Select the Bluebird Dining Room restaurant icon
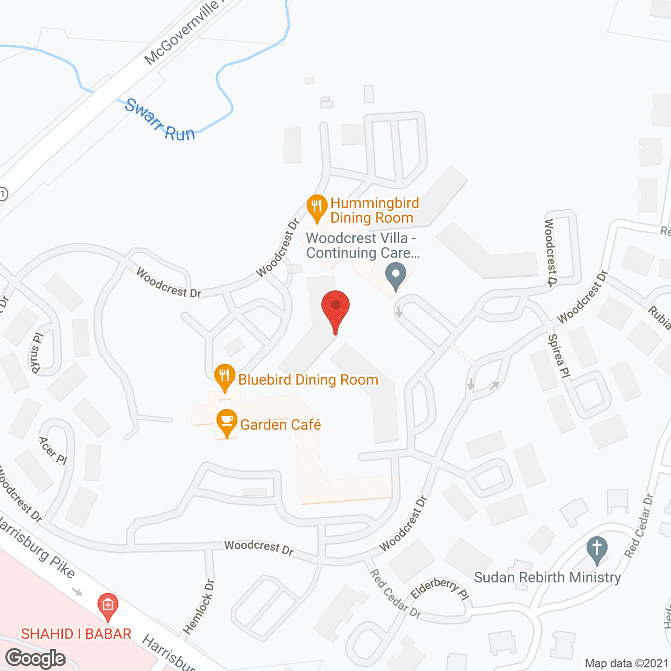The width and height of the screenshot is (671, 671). pyautogui.click(x=224, y=376)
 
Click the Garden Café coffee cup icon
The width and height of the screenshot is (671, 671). pyautogui.click(x=226, y=421)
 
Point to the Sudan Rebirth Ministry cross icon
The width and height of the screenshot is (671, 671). pyautogui.click(x=597, y=549)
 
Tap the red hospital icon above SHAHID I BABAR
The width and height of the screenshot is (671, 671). pyautogui.click(x=107, y=605)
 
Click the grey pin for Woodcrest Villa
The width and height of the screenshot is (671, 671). pyautogui.click(x=396, y=275)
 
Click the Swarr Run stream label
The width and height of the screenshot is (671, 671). pyautogui.click(x=160, y=121)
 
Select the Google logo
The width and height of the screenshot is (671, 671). pyautogui.click(x=36, y=658)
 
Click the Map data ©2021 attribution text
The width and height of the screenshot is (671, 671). pyautogui.click(x=626, y=663)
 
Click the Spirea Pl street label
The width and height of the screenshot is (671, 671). pyautogui.click(x=559, y=356)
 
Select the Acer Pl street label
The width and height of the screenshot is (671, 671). pyautogui.click(x=53, y=450)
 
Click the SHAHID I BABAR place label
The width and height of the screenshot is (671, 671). pyautogui.click(x=76, y=634)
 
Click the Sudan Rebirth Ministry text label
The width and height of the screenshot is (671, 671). pyautogui.click(x=547, y=577)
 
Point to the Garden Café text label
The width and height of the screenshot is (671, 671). pyautogui.click(x=280, y=424)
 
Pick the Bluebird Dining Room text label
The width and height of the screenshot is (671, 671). pyautogui.click(x=308, y=380)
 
